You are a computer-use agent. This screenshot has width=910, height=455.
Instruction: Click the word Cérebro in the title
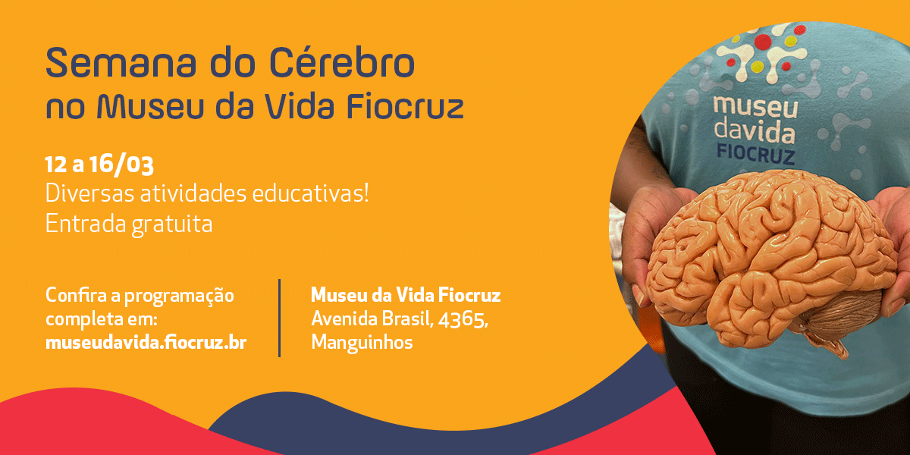[x=342, y=62]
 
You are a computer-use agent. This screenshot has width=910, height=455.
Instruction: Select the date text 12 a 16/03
[x=99, y=165]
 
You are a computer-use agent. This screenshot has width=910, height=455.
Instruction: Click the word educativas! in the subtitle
[x=311, y=193]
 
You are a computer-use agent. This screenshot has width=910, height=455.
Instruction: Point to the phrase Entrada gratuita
[x=129, y=224]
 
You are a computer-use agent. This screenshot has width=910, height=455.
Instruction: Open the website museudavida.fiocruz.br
[x=146, y=343]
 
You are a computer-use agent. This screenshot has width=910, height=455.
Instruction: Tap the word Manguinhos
[x=362, y=343]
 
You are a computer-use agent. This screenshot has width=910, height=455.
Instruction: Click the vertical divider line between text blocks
[x=280, y=318]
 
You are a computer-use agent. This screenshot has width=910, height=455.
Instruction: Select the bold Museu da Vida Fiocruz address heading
[x=406, y=295]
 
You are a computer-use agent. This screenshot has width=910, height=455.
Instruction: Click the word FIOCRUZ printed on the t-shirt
[x=755, y=155]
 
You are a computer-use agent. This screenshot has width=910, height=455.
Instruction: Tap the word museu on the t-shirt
[x=755, y=106]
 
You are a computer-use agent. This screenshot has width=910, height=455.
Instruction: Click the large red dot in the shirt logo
[x=763, y=42]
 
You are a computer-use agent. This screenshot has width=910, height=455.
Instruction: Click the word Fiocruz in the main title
[x=405, y=106]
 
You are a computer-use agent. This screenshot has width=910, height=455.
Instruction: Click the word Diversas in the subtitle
[x=89, y=193]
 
